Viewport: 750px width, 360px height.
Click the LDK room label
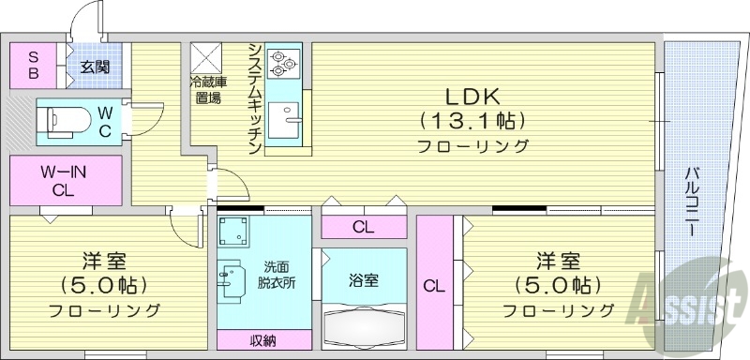pyautogui.click(x=472, y=96)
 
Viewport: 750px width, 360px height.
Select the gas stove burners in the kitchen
pyautogui.click(x=282, y=63)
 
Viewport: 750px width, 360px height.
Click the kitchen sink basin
pyautogui.click(x=282, y=120)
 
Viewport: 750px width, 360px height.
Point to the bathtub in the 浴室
pyautogui.click(x=364, y=326)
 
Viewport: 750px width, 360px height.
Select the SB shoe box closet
pyautogui.click(x=33, y=64)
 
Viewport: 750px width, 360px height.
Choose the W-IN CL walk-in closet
pyautogui.click(x=65, y=181)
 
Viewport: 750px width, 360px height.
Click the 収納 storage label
pyautogui.click(x=263, y=340)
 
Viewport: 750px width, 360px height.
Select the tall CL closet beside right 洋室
pyautogui.click(x=433, y=285)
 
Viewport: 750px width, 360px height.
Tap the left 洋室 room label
pyautogui.click(x=104, y=260)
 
